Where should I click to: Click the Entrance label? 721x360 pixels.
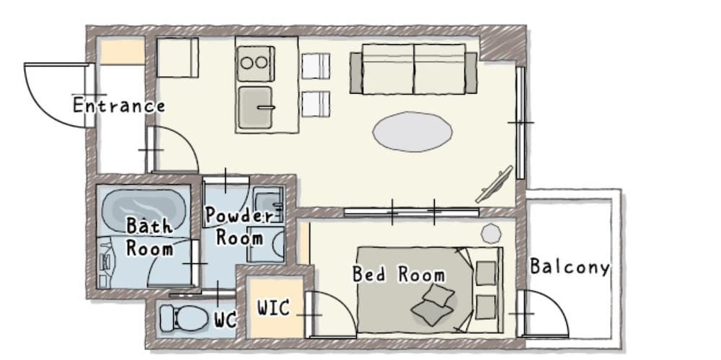(x=119, y=106)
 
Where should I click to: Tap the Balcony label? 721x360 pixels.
(x=570, y=267)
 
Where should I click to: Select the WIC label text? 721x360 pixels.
(x=273, y=309)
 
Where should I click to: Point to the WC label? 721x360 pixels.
(x=225, y=320)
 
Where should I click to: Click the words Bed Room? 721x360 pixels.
(x=398, y=275)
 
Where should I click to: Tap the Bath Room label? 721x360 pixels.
(x=150, y=237)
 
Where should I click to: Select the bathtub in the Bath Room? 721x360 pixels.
(x=143, y=206)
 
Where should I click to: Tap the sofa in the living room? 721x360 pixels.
(x=414, y=69)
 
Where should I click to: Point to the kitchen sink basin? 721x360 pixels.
(x=255, y=107)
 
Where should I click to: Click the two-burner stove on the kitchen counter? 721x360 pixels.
(x=254, y=63)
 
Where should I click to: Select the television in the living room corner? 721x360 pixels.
(x=495, y=185)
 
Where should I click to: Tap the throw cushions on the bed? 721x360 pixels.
(x=435, y=304)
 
